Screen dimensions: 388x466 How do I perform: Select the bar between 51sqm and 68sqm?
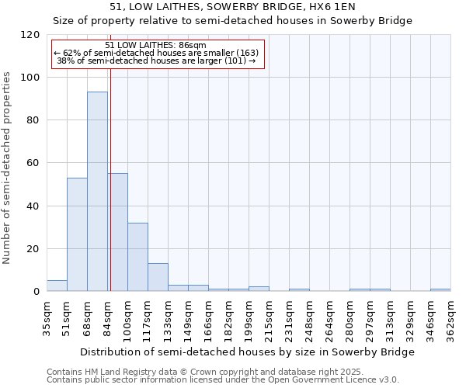click(77, 234)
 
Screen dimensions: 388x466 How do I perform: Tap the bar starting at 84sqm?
click(118, 232)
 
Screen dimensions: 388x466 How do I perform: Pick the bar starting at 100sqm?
click(137, 257)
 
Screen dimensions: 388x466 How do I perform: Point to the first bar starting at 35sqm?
click(57, 286)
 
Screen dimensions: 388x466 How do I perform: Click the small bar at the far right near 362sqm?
click(440, 290)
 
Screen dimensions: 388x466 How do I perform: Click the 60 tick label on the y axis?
click(33, 164)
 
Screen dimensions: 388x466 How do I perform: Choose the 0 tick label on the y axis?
click(37, 292)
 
